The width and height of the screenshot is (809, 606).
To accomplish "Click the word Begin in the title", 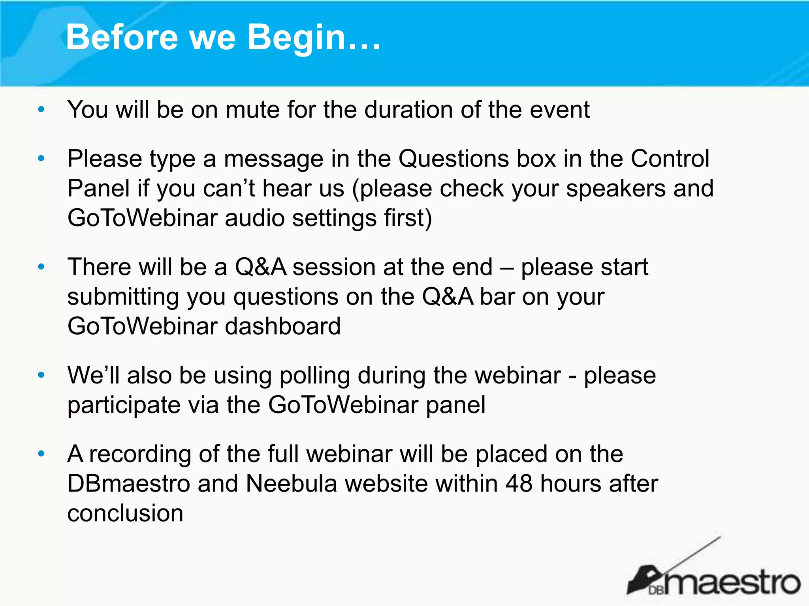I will click(x=297, y=37).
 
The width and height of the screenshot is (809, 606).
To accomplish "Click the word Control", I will click(x=670, y=159).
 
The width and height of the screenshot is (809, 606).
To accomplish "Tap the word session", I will click(x=334, y=267).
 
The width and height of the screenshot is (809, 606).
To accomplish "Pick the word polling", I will click(x=315, y=375).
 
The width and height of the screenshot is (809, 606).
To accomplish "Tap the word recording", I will click(x=140, y=454).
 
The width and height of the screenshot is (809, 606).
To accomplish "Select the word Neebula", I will click(x=291, y=484).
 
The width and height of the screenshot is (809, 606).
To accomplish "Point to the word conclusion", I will click(x=125, y=513).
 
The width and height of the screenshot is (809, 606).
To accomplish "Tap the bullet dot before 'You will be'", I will click(x=41, y=110).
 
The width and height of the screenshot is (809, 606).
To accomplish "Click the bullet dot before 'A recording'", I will click(x=41, y=454).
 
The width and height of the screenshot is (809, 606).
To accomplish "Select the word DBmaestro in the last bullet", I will click(x=129, y=484).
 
